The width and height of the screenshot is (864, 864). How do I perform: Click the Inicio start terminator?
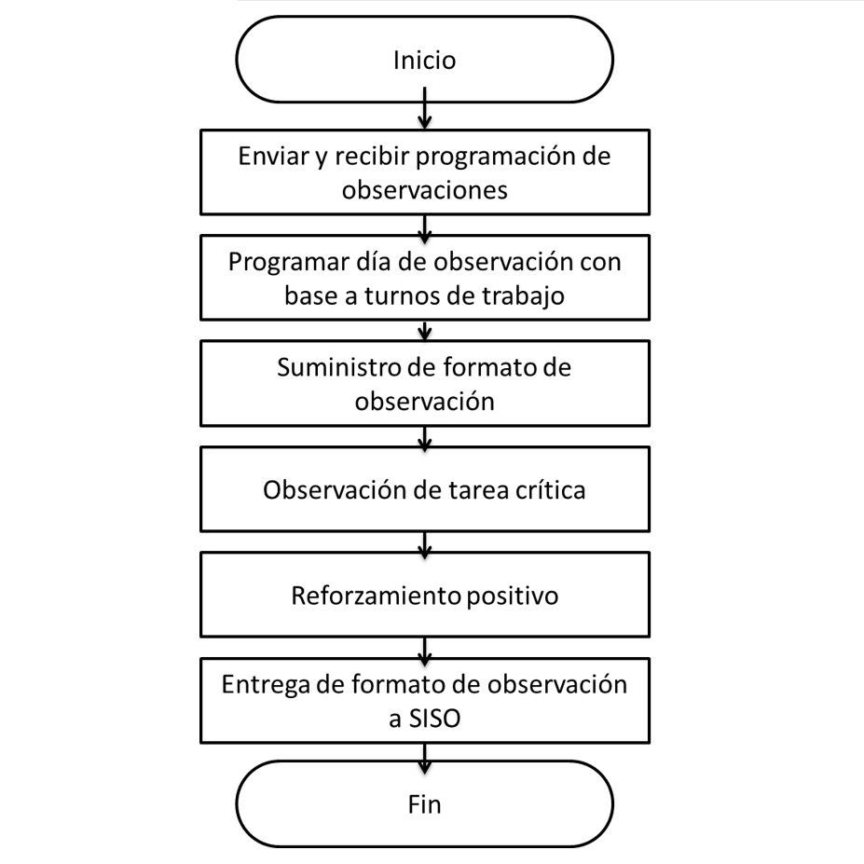pos(424,60)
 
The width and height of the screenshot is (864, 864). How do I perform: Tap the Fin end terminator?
pos(424,804)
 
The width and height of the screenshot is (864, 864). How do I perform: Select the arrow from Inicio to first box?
pos(424,108)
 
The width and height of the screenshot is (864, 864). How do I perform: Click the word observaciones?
pos(424,190)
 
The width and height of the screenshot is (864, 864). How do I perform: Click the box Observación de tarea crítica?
pos(425,489)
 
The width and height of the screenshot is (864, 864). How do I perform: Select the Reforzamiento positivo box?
pos(425,595)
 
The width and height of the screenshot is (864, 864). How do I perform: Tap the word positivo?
pos(513,597)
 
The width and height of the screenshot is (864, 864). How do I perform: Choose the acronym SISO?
pos(434,719)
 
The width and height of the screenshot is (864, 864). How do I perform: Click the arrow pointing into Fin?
pos(424,758)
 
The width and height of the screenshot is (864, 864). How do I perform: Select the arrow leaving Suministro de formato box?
pos(424,439)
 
